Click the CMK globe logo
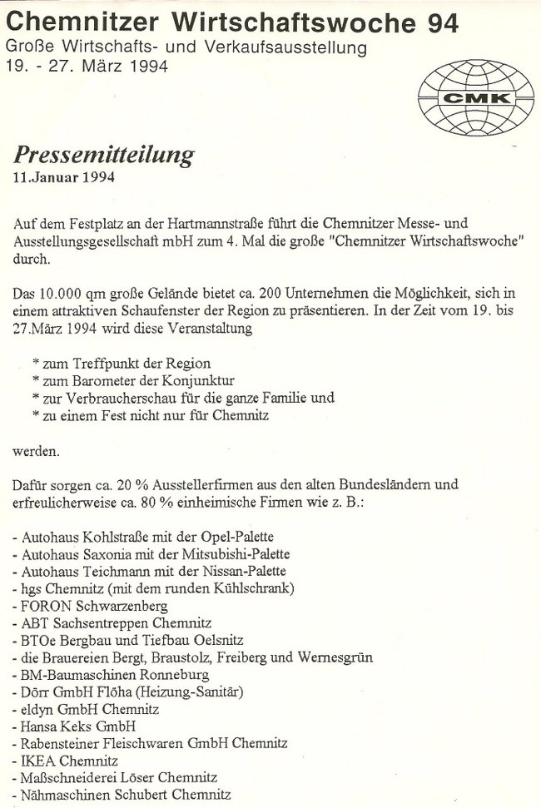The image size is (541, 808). [x=476, y=98]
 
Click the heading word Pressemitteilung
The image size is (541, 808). [x=104, y=155]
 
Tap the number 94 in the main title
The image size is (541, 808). [x=439, y=23]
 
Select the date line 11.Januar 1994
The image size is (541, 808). [x=64, y=177]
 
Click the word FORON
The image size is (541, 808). [x=43, y=605]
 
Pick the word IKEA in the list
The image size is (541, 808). [x=37, y=760]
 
